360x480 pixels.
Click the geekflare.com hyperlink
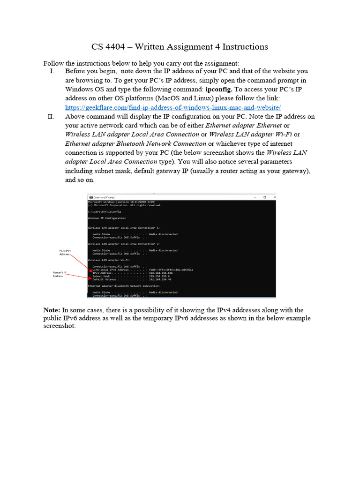pos(172,107)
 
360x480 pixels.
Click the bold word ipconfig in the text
pos(219,89)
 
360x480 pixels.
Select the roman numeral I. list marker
pos(52,71)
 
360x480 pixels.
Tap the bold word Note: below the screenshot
pos(52,310)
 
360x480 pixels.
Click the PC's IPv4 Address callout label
pos(65,253)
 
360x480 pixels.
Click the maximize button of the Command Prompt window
pos(264,197)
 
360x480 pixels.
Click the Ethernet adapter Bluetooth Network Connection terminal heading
pos(124,285)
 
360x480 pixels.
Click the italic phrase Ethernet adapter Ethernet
pos(244,126)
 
